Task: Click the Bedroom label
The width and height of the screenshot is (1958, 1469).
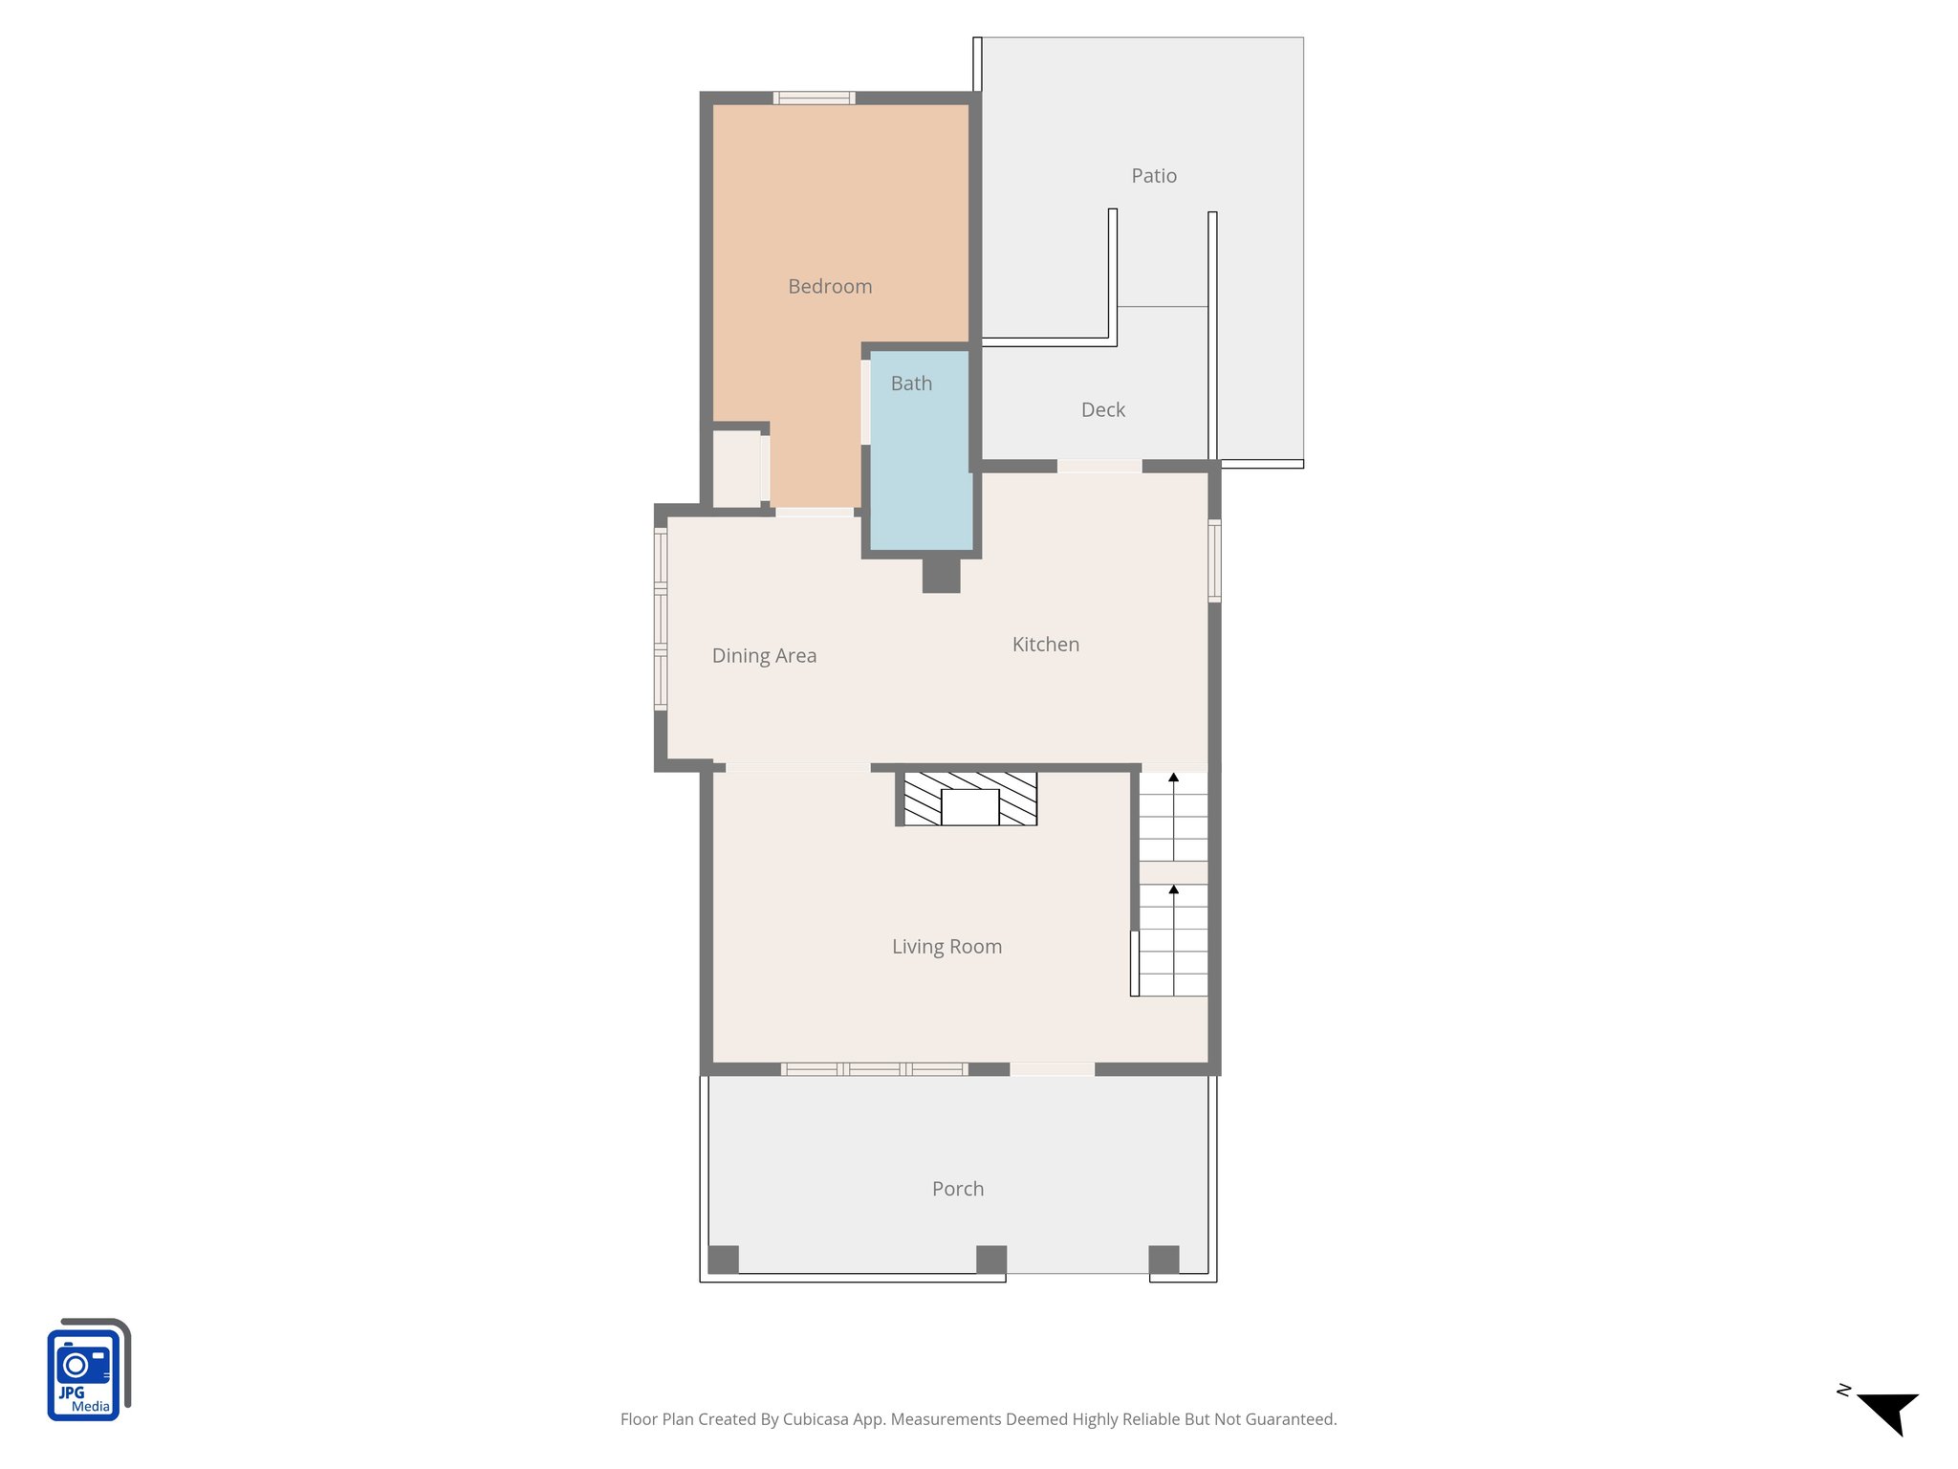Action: [x=829, y=286]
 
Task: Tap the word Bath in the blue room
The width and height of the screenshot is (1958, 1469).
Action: [x=910, y=384]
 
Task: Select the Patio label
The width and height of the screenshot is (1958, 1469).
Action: [x=1153, y=176]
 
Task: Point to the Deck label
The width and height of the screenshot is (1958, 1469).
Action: [x=1102, y=409]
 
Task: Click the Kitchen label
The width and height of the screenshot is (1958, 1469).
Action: [x=1045, y=645]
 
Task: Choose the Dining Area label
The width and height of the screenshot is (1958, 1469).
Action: [x=764, y=655]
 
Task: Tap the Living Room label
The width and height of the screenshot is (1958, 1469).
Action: [x=946, y=947]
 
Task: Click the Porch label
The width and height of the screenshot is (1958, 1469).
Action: [x=957, y=1189]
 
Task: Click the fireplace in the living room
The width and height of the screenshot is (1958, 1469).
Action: [x=969, y=800]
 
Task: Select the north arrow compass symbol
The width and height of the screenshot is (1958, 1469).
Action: [x=1886, y=1412]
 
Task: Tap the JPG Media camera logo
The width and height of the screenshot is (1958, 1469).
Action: [x=87, y=1370]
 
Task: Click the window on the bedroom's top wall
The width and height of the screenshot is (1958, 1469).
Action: [x=814, y=98]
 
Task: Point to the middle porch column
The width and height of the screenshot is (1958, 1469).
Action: [x=990, y=1259]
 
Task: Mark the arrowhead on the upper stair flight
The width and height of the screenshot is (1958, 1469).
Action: [x=1173, y=778]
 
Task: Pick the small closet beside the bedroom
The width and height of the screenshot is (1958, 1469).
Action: [x=736, y=469]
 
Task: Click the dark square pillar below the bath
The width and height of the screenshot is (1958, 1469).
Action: [x=941, y=576]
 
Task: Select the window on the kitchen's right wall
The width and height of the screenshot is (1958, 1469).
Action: [x=1214, y=560]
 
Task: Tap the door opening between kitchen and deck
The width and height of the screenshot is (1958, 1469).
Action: [x=1099, y=466]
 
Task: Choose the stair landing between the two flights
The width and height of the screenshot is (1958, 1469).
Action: [x=1173, y=872]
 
